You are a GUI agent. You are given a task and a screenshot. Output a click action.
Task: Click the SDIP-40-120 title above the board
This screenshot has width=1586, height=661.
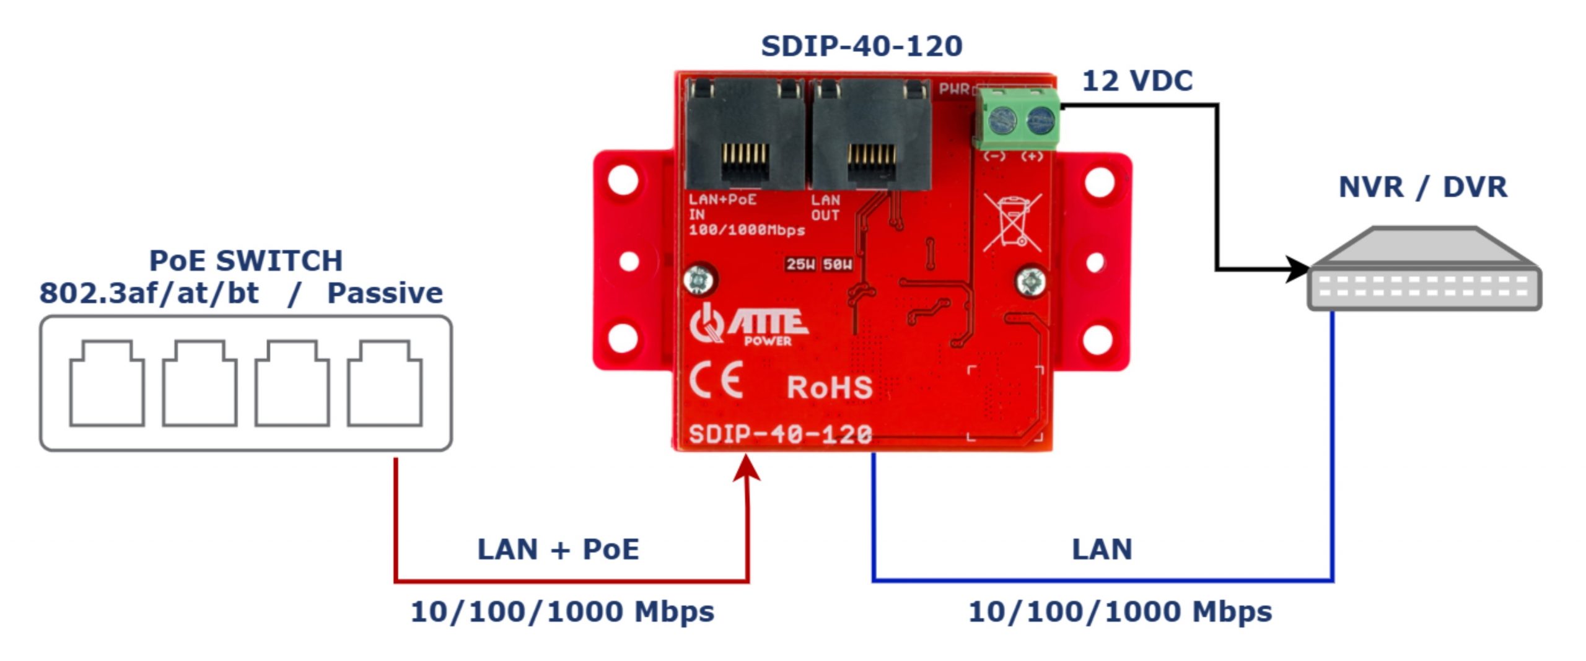click(x=861, y=46)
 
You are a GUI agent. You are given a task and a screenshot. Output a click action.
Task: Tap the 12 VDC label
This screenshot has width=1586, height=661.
click(x=1137, y=81)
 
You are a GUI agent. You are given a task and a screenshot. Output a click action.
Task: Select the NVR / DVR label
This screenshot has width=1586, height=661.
click(x=1422, y=187)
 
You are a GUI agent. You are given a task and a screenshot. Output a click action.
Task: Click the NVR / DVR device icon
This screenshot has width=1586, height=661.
click(x=1424, y=270)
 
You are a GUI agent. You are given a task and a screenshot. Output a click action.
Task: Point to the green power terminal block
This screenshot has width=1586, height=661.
click(x=1017, y=119)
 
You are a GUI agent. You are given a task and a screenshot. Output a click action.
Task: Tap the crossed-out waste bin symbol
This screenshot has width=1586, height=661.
click(x=1012, y=222)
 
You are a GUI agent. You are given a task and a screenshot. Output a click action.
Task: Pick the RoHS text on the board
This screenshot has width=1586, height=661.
click(x=829, y=388)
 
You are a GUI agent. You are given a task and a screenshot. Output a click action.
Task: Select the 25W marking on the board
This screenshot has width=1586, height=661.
click(x=800, y=265)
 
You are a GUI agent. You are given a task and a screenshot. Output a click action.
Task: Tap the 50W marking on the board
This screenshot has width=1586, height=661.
click(x=837, y=265)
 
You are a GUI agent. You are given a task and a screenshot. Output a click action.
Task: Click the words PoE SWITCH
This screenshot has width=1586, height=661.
click(x=246, y=261)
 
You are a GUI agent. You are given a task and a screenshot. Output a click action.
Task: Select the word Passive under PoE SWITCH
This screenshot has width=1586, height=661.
click(x=385, y=293)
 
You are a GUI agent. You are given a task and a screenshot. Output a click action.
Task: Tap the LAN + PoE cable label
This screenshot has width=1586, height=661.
click(x=558, y=549)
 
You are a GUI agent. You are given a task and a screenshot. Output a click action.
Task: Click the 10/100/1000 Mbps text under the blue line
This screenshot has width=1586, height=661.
click(x=1120, y=612)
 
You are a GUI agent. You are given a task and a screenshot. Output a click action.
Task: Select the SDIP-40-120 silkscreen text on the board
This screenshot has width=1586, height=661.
click(x=780, y=434)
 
